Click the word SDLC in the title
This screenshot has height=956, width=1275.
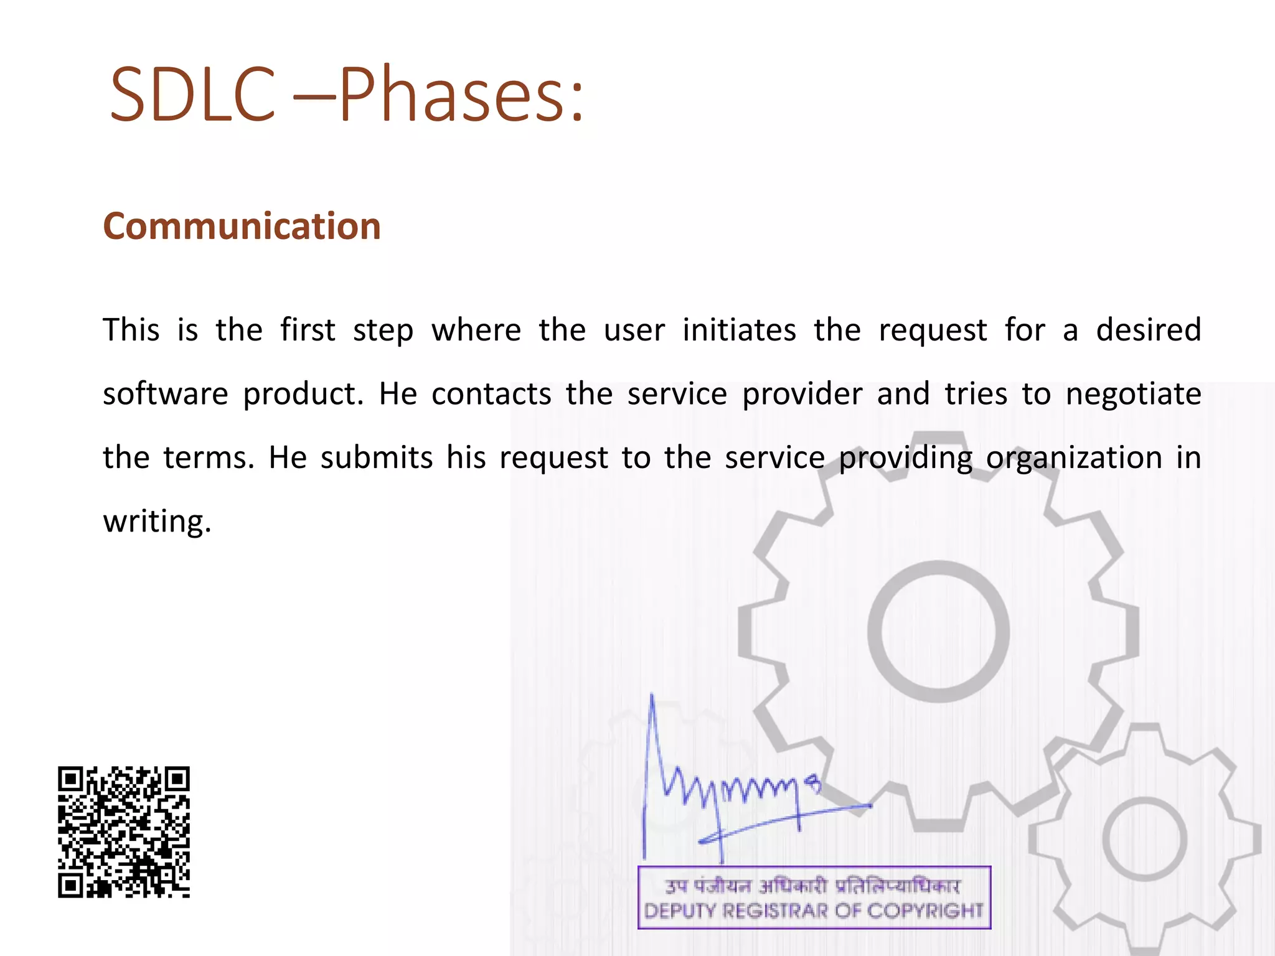pos(192,95)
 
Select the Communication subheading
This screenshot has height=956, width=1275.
pos(242,225)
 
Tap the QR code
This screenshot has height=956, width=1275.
pos(124,832)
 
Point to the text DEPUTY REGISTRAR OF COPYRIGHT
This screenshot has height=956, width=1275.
pos(814,911)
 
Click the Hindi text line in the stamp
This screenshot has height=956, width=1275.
pos(812,885)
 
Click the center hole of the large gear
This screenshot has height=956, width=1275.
pos(938,631)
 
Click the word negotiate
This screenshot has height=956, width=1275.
pos(1133,394)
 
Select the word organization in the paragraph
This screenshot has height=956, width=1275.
pos(1074,458)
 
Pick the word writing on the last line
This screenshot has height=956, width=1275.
pos(157,522)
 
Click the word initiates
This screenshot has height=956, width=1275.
pos(739,330)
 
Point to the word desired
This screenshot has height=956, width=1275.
pos(1148,330)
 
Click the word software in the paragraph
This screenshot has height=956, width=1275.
pos(166,394)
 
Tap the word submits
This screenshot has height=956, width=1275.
pos(376,458)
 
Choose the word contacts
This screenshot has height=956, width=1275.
pos(491,394)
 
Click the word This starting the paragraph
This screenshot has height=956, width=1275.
pos(131,330)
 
